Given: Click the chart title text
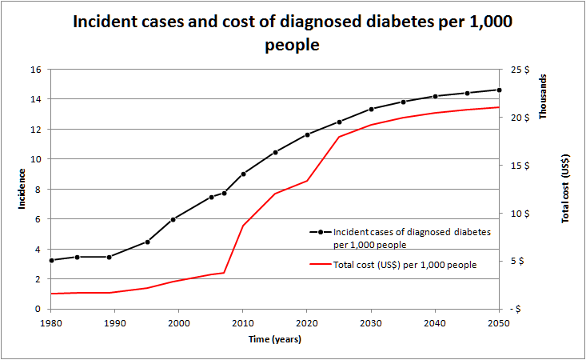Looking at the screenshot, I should tap(293, 33).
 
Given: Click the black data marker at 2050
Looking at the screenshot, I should tap(499, 90).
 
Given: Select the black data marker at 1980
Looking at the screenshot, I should tap(51, 260).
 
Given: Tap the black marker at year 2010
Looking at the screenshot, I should tap(243, 174).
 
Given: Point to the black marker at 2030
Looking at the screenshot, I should tap(371, 109).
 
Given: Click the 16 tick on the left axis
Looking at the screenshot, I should tap(36, 70).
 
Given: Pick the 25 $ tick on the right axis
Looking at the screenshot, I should tap(520, 70).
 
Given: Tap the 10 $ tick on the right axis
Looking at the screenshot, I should tap(520, 214).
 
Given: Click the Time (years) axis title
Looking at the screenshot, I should tap(274, 339).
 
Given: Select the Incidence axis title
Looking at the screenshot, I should tap(22, 190).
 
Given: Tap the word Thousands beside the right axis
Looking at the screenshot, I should tap(544, 98).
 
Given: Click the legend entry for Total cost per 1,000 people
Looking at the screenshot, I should tap(405, 265).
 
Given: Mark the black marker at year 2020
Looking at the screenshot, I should tap(307, 134).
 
